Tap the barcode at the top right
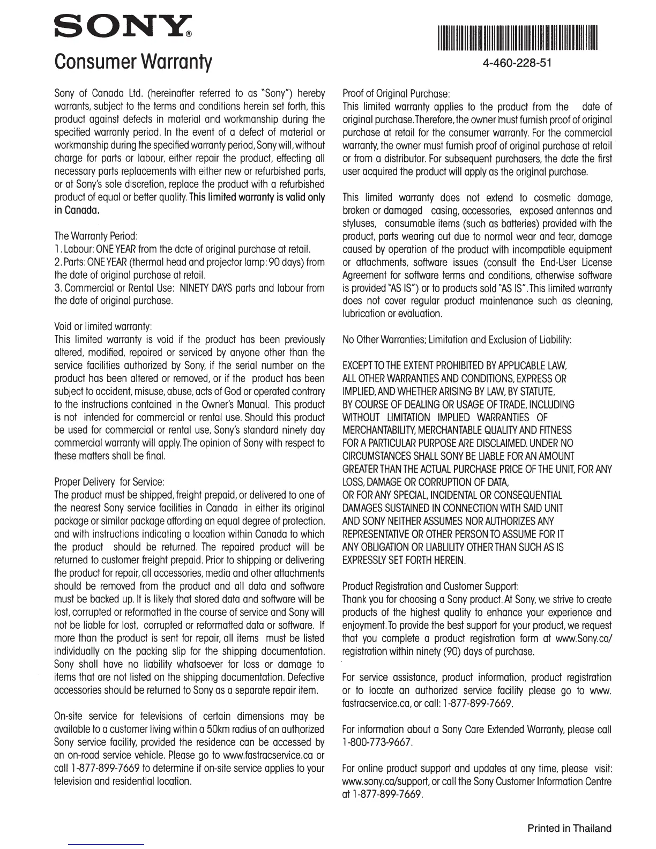517,38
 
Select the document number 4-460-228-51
517,63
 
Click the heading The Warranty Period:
97,236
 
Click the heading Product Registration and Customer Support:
430,586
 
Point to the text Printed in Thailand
569,828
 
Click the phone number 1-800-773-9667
377,742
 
